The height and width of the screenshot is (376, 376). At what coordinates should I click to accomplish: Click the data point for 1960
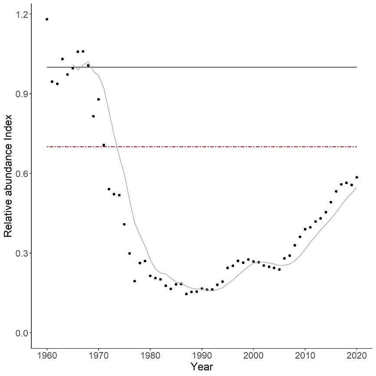[x=47, y=19]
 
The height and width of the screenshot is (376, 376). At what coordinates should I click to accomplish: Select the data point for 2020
[x=356, y=177]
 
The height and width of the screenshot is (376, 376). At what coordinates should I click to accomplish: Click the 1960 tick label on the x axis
[x=47, y=357]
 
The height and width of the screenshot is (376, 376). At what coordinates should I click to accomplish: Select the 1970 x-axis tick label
[x=99, y=357]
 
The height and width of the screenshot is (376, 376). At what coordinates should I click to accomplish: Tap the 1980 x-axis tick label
[x=150, y=357]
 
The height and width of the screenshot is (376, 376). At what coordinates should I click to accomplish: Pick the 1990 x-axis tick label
[x=202, y=357]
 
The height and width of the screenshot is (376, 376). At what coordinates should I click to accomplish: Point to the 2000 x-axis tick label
[x=253, y=357]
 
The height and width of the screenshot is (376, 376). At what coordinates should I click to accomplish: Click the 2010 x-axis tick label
[x=305, y=357]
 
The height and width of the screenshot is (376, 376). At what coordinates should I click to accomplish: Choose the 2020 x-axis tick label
[x=356, y=357]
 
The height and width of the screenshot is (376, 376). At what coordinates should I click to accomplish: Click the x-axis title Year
[x=202, y=367]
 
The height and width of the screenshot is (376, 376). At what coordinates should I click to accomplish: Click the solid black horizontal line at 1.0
[x=217, y=67]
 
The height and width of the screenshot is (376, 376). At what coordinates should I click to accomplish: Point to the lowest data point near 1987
[x=186, y=294]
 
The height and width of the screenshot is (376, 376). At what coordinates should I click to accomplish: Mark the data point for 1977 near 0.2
[x=135, y=281]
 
